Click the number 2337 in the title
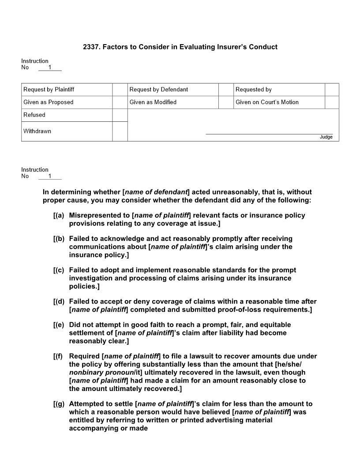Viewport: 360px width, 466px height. [x=91, y=47]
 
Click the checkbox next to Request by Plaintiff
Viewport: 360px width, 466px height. [x=120, y=90]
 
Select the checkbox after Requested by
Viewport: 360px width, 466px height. [x=332, y=90]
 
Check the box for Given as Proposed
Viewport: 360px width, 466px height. [x=120, y=102]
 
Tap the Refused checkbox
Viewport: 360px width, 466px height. [x=120, y=115]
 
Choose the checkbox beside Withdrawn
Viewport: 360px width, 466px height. [x=120, y=132]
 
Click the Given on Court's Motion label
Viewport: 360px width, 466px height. [x=267, y=102]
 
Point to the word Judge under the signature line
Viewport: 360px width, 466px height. [x=326, y=137]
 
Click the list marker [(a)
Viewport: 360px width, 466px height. [x=59, y=215]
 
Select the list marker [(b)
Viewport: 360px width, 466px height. [x=59, y=239]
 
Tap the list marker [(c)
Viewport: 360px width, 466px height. [x=59, y=270]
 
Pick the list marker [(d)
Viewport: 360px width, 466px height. [x=59, y=302]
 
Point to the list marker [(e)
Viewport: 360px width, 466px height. [x=59, y=325]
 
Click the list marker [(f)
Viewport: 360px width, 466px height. [x=59, y=356]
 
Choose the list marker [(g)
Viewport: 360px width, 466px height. [x=59, y=404]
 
